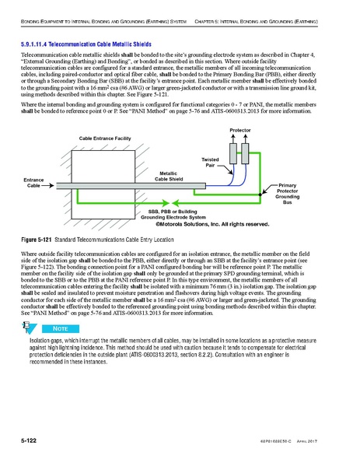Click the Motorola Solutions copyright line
click(x=212, y=224)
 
